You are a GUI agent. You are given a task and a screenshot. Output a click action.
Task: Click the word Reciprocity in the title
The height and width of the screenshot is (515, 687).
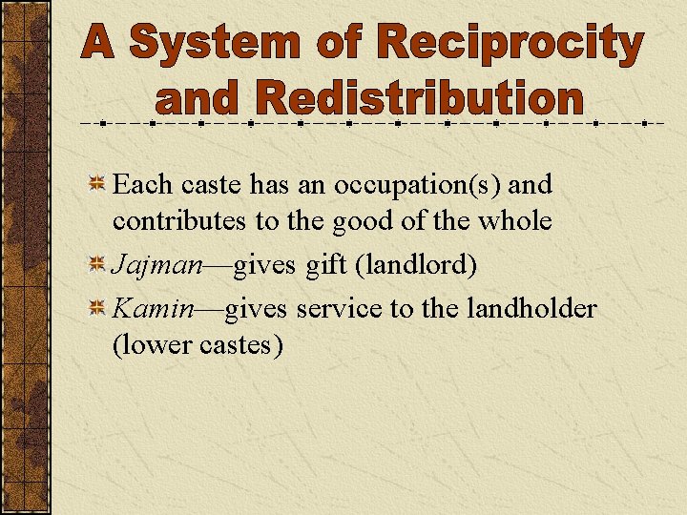point(510,45)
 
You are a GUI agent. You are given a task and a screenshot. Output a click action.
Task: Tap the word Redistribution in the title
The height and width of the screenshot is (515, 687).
point(419,99)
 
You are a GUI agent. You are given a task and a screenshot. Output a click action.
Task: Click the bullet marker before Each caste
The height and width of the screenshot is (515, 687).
point(96,184)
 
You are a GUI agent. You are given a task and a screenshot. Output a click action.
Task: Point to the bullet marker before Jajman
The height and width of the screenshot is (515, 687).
point(96,265)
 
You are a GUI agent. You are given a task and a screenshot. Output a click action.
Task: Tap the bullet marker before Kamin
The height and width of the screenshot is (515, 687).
point(96,309)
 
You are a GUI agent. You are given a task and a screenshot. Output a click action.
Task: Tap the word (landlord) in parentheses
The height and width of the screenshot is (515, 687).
point(415,265)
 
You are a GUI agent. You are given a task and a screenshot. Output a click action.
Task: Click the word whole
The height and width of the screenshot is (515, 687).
point(515,221)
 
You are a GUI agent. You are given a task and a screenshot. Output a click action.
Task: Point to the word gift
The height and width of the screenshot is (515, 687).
point(325,265)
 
